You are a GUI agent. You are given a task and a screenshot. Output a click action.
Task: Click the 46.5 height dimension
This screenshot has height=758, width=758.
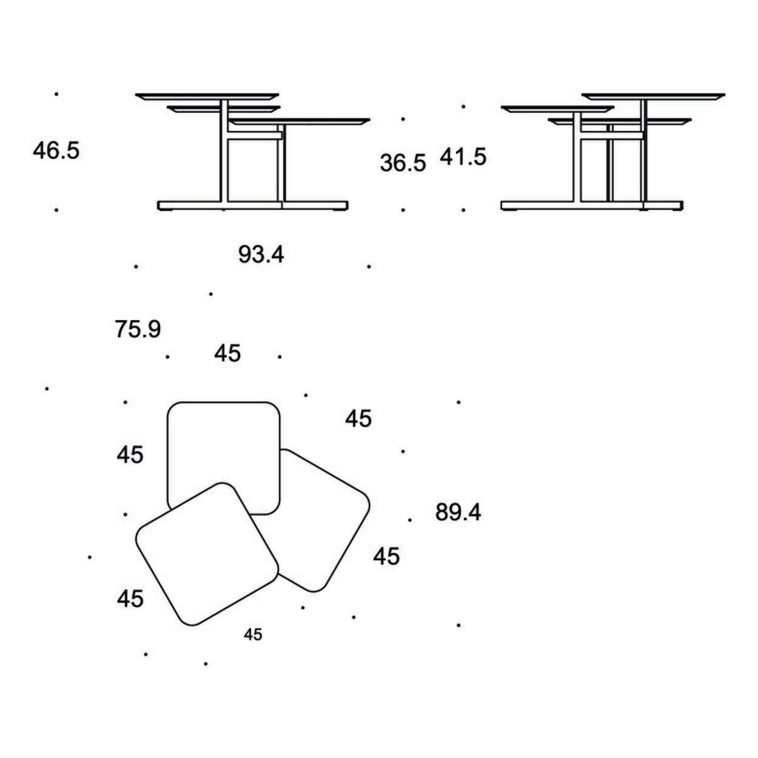(x=56, y=150)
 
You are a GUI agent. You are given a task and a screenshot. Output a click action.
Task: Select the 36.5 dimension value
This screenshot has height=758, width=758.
(x=403, y=163)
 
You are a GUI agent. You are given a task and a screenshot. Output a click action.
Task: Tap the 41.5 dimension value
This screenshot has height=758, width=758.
(x=463, y=156)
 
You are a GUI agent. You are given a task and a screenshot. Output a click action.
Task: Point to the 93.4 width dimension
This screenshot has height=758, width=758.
(x=261, y=255)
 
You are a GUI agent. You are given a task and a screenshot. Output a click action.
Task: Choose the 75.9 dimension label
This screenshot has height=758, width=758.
(x=138, y=329)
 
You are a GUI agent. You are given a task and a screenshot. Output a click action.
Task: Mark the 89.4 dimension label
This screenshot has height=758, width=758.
(x=458, y=512)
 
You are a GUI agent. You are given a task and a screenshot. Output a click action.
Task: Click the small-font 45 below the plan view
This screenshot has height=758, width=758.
(x=252, y=634)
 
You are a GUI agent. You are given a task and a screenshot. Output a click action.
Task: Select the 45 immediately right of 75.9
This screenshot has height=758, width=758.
(x=227, y=354)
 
